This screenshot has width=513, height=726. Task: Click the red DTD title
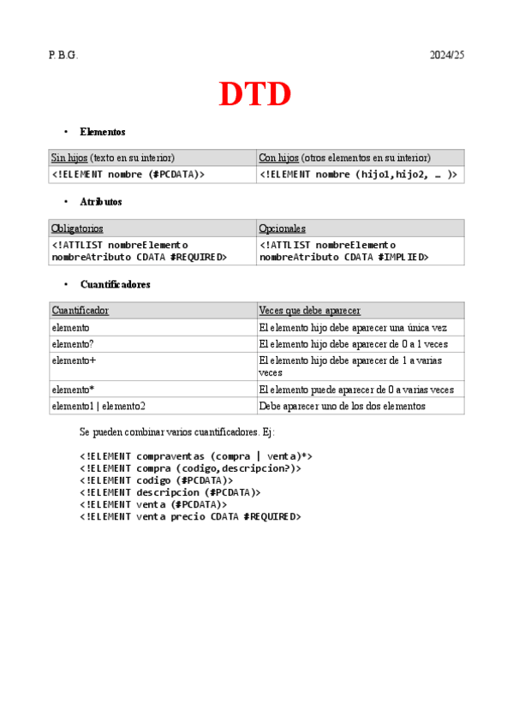pyautogui.click(x=255, y=94)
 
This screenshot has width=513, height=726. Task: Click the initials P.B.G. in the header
pyautogui.click(x=63, y=55)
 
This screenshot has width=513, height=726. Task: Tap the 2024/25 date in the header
pyautogui.click(x=446, y=55)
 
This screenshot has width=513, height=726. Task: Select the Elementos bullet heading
pyautogui.click(x=102, y=132)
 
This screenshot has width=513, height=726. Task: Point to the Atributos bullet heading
pyautogui.click(x=100, y=202)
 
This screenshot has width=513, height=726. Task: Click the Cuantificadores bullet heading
pyautogui.click(x=114, y=284)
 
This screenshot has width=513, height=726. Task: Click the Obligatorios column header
pyautogui.click(x=77, y=229)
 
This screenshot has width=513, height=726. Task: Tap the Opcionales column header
pyautogui.click(x=282, y=229)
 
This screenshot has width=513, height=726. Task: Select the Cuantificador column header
pyautogui.click(x=80, y=311)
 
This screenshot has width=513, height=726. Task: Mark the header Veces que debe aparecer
pyautogui.click(x=309, y=311)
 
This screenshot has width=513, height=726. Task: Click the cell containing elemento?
pyautogui.click(x=73, y=344)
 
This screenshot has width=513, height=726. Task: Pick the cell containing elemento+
pyautogui.click(x=74, y=360)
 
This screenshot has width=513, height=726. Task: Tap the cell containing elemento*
pyautogui.click(x=73, y=390)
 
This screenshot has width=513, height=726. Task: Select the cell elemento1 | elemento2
pyautogui.click(x=98, y=406)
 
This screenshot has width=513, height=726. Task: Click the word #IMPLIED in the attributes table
pyautogui.click(x=403, y=257)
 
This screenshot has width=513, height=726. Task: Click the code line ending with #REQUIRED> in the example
pyautogui.click(x=190, y=516)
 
